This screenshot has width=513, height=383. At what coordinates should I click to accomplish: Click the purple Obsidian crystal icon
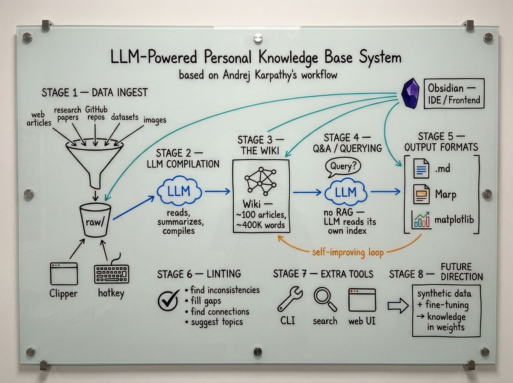(x=410, y=93)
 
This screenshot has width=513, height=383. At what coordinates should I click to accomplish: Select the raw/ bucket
(x=95, y=220)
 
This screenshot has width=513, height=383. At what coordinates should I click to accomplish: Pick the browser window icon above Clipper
(x=64, y=274)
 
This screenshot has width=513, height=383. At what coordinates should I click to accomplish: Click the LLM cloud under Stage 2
(x=179, y=191)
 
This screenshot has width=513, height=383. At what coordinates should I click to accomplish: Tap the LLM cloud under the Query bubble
(x=345, y=191)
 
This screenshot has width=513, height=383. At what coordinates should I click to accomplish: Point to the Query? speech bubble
(x=343, y=167)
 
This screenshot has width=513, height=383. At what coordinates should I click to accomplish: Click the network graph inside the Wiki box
(x=260, y=181)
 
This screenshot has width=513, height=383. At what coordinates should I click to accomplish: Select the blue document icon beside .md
(x=421, y=168)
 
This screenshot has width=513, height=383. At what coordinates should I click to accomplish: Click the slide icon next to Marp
(x=421, y=194)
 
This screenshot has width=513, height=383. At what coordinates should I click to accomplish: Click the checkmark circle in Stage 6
(x=168, y=300)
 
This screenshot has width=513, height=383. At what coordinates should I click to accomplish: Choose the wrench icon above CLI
(x=290, y=299)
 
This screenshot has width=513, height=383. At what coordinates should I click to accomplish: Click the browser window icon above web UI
(x=362, y=300)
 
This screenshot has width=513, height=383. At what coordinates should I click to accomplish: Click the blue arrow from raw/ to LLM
(x=134, y=208)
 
